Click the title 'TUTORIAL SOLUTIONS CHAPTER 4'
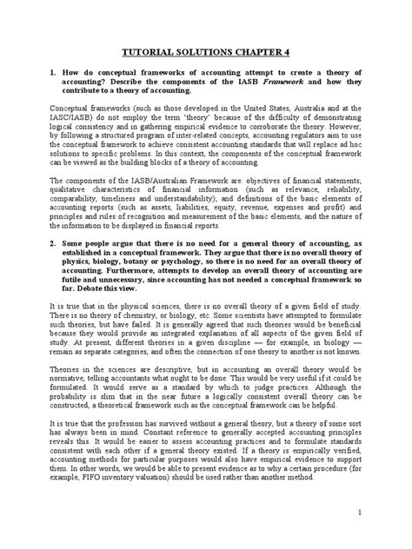point(206,51)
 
